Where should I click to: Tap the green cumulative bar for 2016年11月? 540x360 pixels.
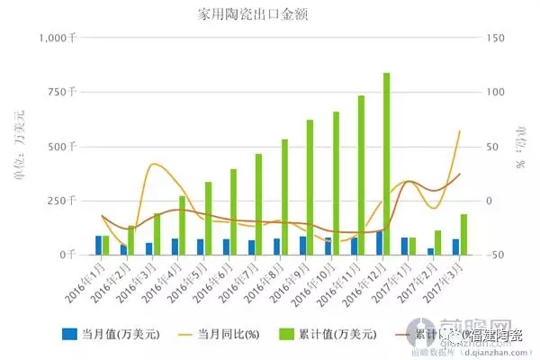tap(361, 175)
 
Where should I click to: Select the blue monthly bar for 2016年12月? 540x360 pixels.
tap(379, 243)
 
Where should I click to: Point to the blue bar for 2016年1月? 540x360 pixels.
tap(98, 245)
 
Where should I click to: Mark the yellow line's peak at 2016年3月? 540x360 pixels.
tap(156, 164)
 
